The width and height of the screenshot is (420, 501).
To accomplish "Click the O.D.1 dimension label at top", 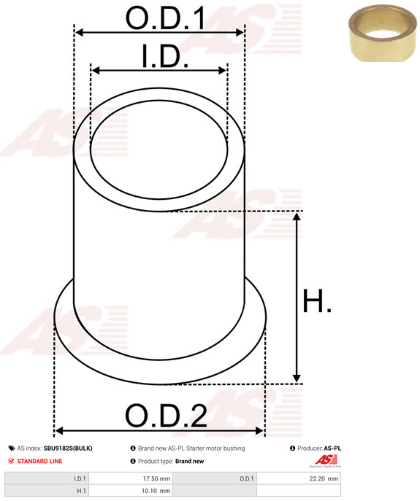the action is [165, 18].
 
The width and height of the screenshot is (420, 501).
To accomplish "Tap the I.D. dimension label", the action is [165, 56].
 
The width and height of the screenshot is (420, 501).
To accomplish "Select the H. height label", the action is [316, 300].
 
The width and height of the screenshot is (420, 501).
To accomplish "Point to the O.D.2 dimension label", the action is [166, 416].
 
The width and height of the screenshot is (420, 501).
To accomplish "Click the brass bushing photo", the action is [382, 34].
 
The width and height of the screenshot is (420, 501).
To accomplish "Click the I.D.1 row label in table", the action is [80, 478].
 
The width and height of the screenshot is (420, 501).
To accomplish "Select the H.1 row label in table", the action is [81, 491].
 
